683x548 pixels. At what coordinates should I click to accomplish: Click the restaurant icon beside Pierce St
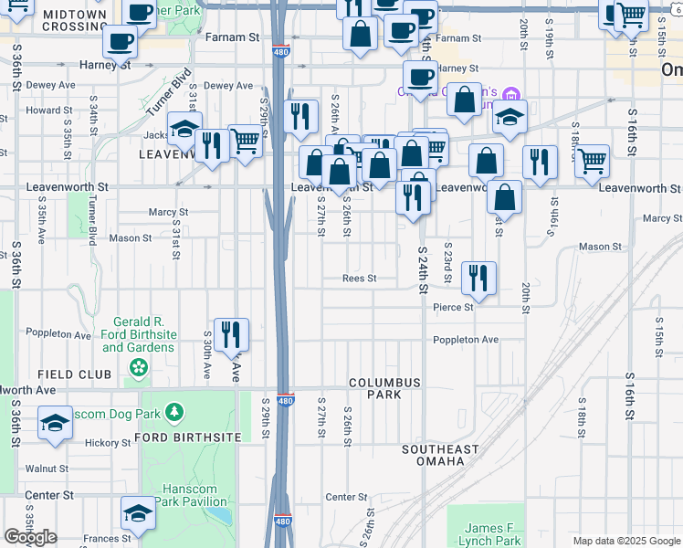pos(478,278)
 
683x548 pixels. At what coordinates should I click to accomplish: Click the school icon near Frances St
pos(139,514)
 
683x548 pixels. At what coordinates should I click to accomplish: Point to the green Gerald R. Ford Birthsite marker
pos(138,368)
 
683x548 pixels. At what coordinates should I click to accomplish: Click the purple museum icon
pos(510,94)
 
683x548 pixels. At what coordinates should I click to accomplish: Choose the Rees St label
pos(359,279)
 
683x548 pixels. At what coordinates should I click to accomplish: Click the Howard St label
pos(43,111)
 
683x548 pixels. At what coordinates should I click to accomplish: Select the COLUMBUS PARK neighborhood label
pos(385,388)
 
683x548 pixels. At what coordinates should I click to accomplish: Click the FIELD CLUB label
pos(75,375)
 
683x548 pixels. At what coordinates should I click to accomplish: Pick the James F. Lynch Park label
pos(491,534)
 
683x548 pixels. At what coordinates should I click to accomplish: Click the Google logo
pos(30,537)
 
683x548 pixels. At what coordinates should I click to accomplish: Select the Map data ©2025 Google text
pos(625,541)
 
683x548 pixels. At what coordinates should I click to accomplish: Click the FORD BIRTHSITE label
pos(187,437)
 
